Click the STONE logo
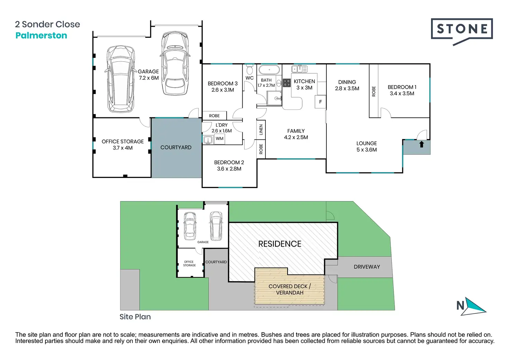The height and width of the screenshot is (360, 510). coord(462,31)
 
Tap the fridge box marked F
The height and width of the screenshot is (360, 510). coord(320,102)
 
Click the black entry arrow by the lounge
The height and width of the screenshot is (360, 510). coord(421,144)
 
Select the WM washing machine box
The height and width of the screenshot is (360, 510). coord(219,138)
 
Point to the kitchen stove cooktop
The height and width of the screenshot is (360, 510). coord(287,83)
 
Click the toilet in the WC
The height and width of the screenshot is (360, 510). coord(250,69)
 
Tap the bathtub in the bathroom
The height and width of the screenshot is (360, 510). coord(269,70)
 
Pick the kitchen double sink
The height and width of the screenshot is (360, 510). coord(299,69)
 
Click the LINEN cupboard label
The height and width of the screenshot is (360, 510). coord(261,129)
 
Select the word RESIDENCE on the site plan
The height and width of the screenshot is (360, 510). coord(280,244)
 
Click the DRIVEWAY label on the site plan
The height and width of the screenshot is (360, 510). coord(367,267)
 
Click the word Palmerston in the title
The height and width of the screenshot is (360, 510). coord(41,35)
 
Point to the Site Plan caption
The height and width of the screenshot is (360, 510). coord(135,317)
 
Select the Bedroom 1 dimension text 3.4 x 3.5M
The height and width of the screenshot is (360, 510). coord(402,93)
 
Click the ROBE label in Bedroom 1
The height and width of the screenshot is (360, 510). coord(373,91)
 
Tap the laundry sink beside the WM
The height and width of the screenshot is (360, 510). coord(208,139)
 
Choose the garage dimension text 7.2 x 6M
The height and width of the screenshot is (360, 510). coord(149,78)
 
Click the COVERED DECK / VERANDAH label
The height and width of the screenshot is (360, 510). coord(290,289)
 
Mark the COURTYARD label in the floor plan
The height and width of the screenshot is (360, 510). coord(176,147)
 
